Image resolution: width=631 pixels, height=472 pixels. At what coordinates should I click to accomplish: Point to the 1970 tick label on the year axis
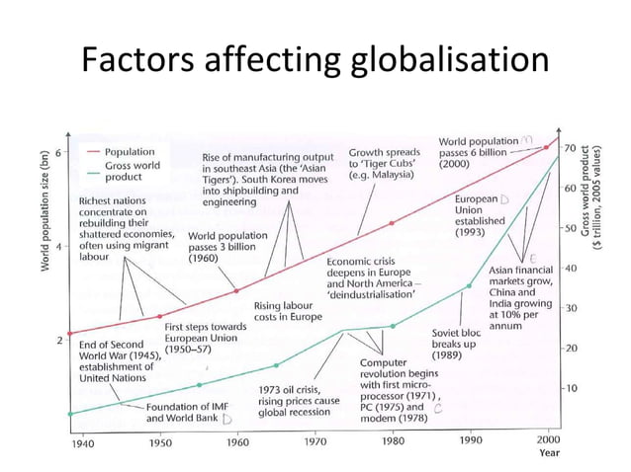point(315,442)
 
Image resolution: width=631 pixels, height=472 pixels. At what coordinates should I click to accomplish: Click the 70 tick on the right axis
point(570,147)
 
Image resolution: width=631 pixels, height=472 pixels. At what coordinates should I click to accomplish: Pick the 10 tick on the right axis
point(570,388)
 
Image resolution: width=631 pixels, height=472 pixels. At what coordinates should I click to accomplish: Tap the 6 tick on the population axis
point(58,153)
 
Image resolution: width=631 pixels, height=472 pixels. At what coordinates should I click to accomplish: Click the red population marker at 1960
point(235,290)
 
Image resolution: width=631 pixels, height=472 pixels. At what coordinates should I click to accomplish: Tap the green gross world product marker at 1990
point(470,286)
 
